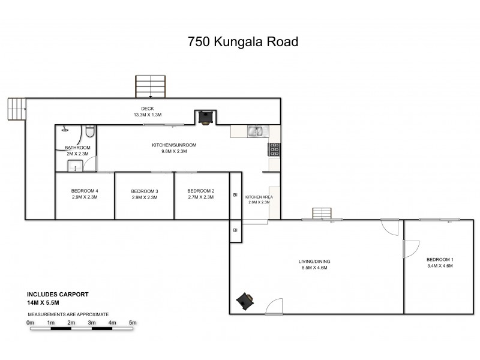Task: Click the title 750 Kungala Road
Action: (243, 42)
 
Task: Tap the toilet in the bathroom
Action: (89, 131)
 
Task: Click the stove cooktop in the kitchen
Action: (275, 149)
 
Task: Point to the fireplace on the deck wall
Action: (205, 117)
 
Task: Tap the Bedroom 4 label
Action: (85, 191)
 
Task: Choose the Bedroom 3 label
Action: (144, 191)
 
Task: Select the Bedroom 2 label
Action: (200, 191)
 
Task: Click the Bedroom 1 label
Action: (440, 259)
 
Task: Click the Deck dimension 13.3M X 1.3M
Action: (148, 115)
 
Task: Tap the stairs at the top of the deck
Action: (150, 86)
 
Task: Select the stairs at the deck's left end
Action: (17, 109)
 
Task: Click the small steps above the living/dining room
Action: (322, 214)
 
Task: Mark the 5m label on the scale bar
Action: (133, 323)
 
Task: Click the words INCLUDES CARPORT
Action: (58, 295)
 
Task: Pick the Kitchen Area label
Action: (259, 197)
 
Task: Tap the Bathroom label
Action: (77, 148)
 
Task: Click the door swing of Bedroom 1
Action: (410, 248)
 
